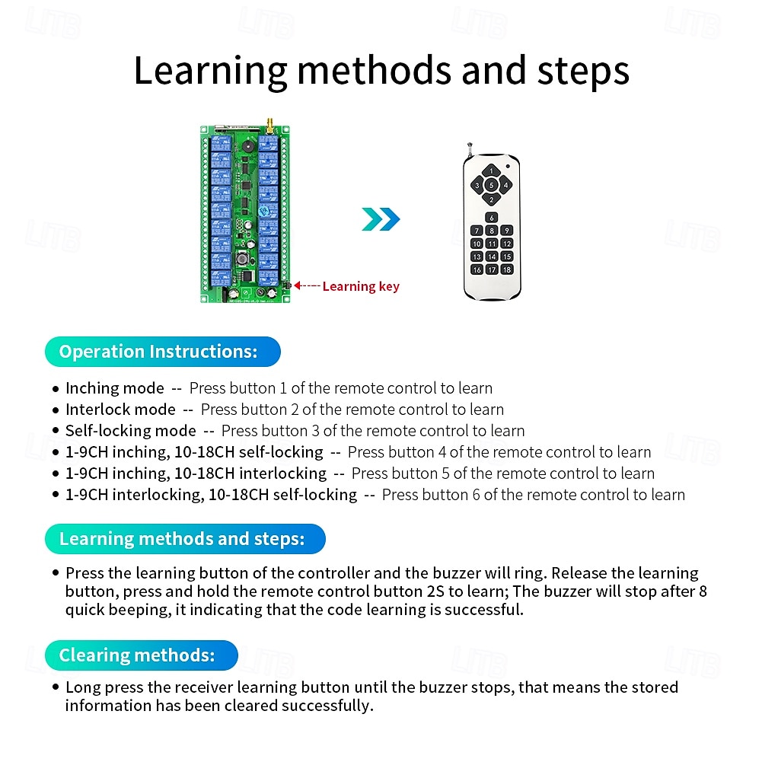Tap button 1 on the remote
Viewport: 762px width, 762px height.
[x=492, y=171]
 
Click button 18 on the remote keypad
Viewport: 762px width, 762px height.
[x=506, y=269]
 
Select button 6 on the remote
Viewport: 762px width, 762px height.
[x=492, y=218]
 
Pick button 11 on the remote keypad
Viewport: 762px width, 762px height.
[x=492, y=244]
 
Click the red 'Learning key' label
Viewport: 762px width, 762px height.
[x=360, y=286]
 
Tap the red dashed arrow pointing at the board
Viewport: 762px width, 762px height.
[x=306, y=285]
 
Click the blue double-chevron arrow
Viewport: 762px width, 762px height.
[x=380, y=219]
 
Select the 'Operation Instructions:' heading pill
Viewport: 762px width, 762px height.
[x=162, y=352]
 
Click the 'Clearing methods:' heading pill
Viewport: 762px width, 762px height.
[x=142, y=655]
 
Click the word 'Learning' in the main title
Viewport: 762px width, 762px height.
[x=210, y=70]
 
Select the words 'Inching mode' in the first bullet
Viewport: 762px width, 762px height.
[x=114, y=388]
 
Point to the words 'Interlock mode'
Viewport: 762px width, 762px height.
[x=120, y=410]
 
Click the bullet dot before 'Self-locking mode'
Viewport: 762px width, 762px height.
[x=56, y=431]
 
